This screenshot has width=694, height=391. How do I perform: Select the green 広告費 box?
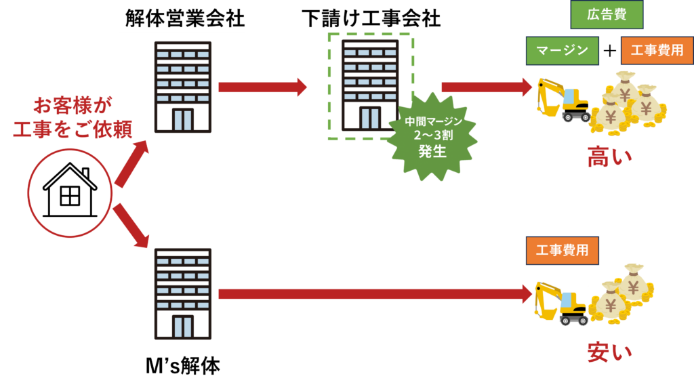pyautogui.click(x=607, y=15)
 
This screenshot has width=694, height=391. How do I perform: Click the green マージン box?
pyautogui.click(x=562, y=51)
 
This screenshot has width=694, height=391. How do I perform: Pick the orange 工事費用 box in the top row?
pyautogui.click(x=657, y=51)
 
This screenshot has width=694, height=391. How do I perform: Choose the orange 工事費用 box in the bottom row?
pyautogui.click(x=562, y=251)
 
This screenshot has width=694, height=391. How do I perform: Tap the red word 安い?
pyautogui.click(x=609, y=352)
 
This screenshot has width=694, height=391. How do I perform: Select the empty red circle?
pyautogui.click(x=70, y=193)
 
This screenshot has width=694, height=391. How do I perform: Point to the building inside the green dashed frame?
pyautogui.click(x=370, y=85)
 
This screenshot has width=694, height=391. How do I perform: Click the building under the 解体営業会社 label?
pyautogui.click(x=182, y=86)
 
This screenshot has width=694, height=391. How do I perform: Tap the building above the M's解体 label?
pyautogui.click(x=182, y=293)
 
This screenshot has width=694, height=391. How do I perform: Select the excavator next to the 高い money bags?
pyautogui.click(x=563, y=100)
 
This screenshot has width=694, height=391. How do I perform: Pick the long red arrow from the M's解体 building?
pyautogui.click(x=373, y=294)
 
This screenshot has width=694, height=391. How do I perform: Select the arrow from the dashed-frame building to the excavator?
pyautogui.click(x=485, y=87)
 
